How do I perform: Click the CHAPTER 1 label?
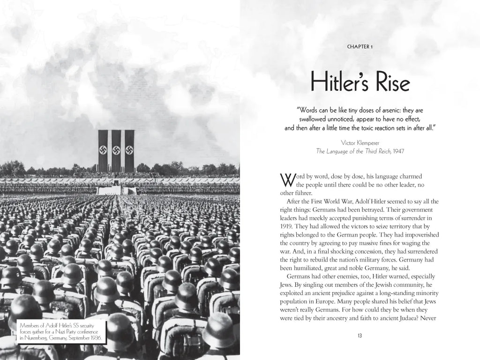point(360,46)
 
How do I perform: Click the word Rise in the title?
point(388,82)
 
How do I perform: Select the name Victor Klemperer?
point(360,142)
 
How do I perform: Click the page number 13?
point(360,335)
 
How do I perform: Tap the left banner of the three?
point(103,151)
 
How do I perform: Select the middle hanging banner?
point(116,151)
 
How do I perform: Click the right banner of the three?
point(129,151)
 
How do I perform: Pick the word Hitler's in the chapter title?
point(339,82)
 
